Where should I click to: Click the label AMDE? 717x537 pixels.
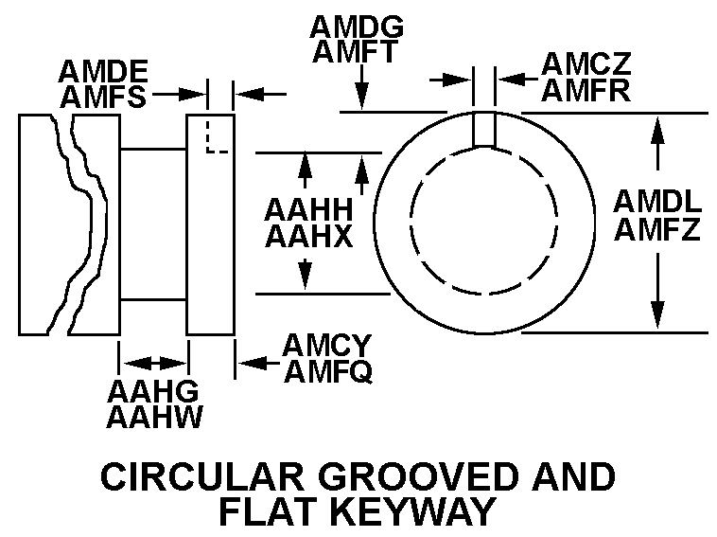[x=102, y=71]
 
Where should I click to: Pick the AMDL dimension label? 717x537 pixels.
[x=657, y=202]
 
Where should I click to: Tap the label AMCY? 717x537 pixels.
[x=327, y=346]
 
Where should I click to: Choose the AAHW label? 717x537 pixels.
[x=154, y=417]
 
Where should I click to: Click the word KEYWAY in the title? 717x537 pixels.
[x=414, y=511]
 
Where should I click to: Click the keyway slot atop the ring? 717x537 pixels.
[x=484, y=129]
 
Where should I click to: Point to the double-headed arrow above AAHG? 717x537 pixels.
[x=154, y=363]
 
